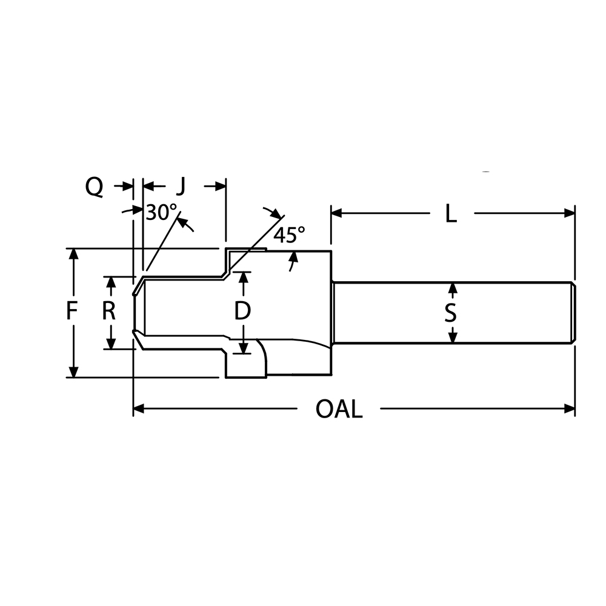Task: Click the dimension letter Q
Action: pyautogui.click(x=94, y=187)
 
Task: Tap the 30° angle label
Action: pyautogui.click(x=161, y=212)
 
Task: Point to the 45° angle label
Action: pyautogui.click(x=289, y=235)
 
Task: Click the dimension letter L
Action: pyautogui.click(x=450, y=213)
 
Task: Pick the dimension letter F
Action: pyautogui.click(x=72, y=312)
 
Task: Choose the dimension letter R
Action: pyautogui.click(x=109, y=311)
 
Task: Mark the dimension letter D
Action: pyautogui.click(x=242, y=311)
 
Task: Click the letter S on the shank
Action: pyautogui.click(x=450, y=313)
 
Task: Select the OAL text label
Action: pyautogui.click(x=339, y=410)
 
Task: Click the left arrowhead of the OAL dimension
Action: pyautogui.click(x=138, y=409)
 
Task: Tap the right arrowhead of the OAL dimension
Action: pyautogui.click(x=570, y=409)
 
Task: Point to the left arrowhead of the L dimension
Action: pyautogui.click(x=336, y=213)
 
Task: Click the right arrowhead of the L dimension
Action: pyautogui.click(x=570, y=213)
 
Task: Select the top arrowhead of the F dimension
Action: pyautogui.click(x=73, y=254)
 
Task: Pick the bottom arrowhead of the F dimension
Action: pyautogui.click(x=73, y=372)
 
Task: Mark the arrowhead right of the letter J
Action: pyautogui.click(x=221, y=186)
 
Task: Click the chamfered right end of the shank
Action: pyautogui.click(x=573, y=313)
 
